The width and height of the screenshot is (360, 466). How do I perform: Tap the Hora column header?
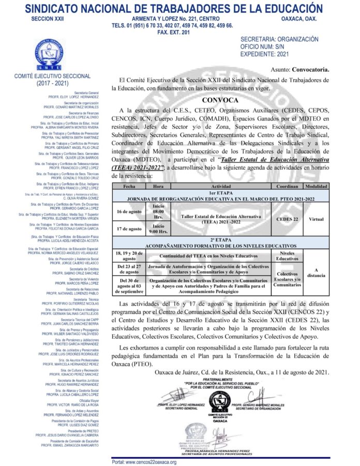159,185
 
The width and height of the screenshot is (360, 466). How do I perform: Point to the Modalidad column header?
316,185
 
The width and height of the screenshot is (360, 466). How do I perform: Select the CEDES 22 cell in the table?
287,219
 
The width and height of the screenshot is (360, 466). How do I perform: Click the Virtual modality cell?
316,219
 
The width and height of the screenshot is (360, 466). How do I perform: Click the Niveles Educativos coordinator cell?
287,255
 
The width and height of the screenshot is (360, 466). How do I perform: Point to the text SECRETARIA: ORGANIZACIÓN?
279,39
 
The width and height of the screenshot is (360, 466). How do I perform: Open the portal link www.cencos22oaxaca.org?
144,462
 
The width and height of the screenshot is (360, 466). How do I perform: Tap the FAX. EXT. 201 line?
173,32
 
